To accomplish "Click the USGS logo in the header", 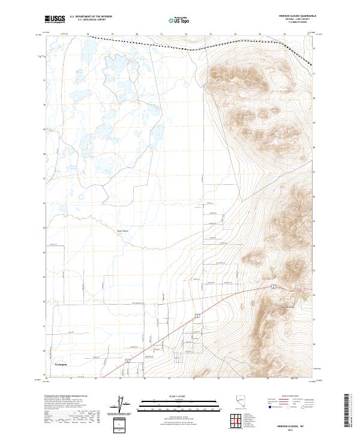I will coord(55,19).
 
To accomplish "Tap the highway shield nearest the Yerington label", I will coord(128,361).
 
